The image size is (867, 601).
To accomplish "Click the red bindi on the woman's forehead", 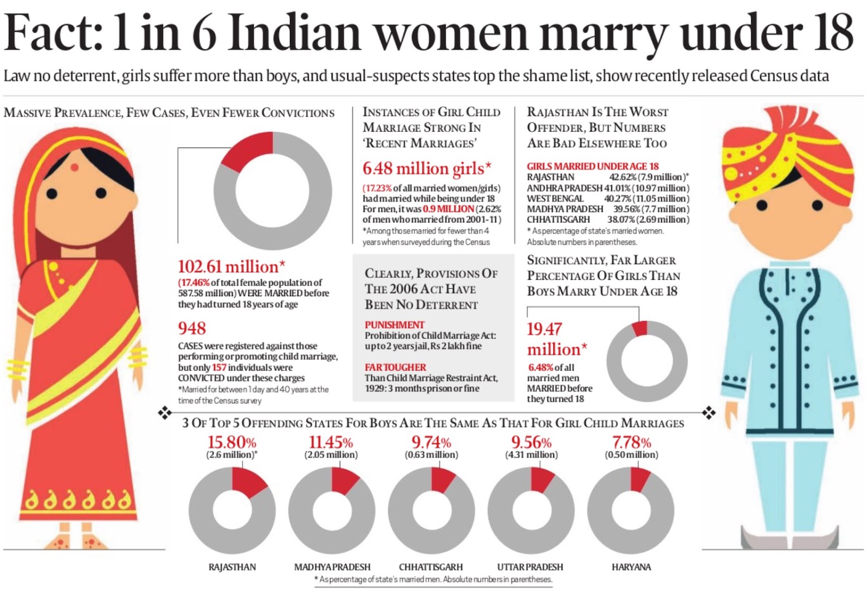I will click(75, 167).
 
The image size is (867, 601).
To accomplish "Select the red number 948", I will click(192, 328).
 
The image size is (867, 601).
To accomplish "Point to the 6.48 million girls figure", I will click(427, 169).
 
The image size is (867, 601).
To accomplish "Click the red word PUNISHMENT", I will click(394, 325).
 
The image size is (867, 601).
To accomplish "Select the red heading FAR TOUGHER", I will click(396, 367).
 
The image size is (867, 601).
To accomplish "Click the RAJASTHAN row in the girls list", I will click(607, 177).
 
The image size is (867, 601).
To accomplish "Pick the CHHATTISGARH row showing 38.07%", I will click(607, 220).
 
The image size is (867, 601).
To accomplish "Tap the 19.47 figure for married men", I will click(545, 329).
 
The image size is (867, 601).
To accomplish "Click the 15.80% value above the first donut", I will click(232, 442).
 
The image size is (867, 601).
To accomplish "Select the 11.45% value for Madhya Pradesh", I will click(331, 442).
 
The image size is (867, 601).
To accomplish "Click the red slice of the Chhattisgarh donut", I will click(443, 479).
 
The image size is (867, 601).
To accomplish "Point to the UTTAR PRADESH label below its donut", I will click(530, 567).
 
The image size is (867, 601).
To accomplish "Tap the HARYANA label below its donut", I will click(631, 567).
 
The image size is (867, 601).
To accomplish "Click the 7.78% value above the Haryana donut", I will click(631, 442).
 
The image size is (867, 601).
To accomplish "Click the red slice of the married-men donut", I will click(640, 328).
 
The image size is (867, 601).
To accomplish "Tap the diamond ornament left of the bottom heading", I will click(164, 413).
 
